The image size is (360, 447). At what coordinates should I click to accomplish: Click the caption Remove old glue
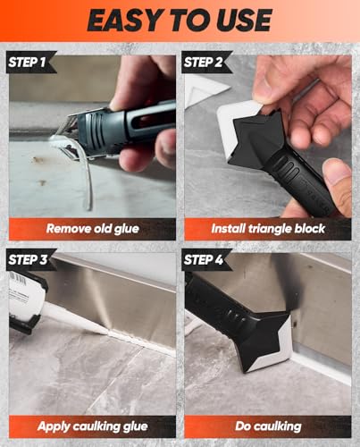(x=93, y=229)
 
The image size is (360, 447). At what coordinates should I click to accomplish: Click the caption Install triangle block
(x=269, y=229)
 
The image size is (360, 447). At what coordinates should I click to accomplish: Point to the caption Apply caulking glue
(x=93, y=426)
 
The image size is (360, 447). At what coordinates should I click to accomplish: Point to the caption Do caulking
(x=269, y=426)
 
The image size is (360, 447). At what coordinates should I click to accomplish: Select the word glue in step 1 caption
(x=125, y=229)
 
